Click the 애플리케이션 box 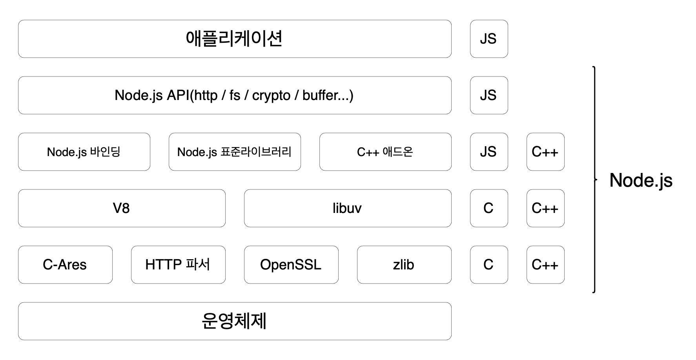pyautogui.click(x=235, y=39)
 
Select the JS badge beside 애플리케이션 pyautogui.click(x=489, y=39)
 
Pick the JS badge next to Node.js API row pyautogui.click(x=489, y=95)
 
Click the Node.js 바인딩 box pyautogui.click(x=84, y=152)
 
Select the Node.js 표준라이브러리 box pyautogui.click(x=235, y=152)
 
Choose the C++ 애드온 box pyautogui.click(x=385, y=152)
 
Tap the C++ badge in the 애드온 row pyautogui.click(x=545, y=152)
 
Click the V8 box pyautogui.click(x=122, y=208)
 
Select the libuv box pyautogui.click(x=348, y=208)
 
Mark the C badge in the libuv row pyautogui.click(x=489, y=208)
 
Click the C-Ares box pyautogui.click(x=65, y=265)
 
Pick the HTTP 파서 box pyautogui.click(x=178, y=265)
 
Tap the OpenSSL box pyautogui.click(x=291, y=265)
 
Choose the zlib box pyautogui.click(x=404, y=265)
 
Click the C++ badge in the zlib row pyautogui.click(x=545, y=265)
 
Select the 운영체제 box pyautogui.click(x=235, y=321)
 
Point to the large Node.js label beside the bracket pyautogui.click(x=641, y=180)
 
